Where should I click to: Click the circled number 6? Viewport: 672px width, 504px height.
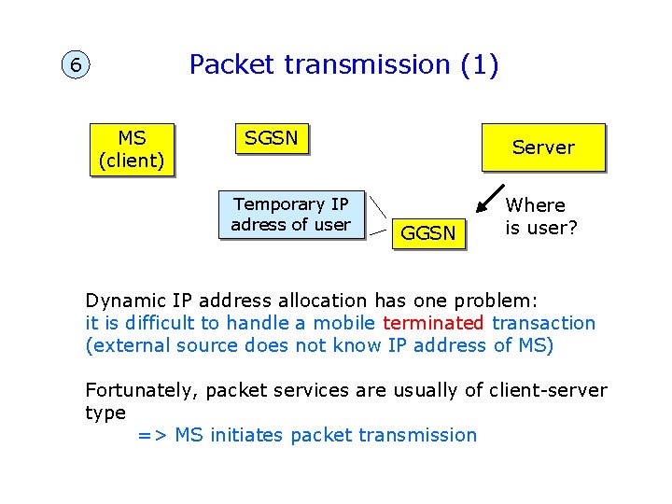coord(75,66)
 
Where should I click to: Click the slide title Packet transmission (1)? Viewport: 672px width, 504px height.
coord(343,64)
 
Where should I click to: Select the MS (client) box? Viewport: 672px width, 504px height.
coord(132,149)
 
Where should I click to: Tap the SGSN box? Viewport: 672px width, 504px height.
coord(271,139)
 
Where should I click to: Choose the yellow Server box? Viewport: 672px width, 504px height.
coord(543,147)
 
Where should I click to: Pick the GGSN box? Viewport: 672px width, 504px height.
coord(427,233)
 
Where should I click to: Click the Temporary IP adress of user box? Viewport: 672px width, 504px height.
coord(290,215)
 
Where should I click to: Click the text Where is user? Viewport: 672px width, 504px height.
coord(540,217)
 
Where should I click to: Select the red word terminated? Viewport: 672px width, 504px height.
coord(433,323)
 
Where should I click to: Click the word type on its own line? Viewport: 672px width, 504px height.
coord(105,413)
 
